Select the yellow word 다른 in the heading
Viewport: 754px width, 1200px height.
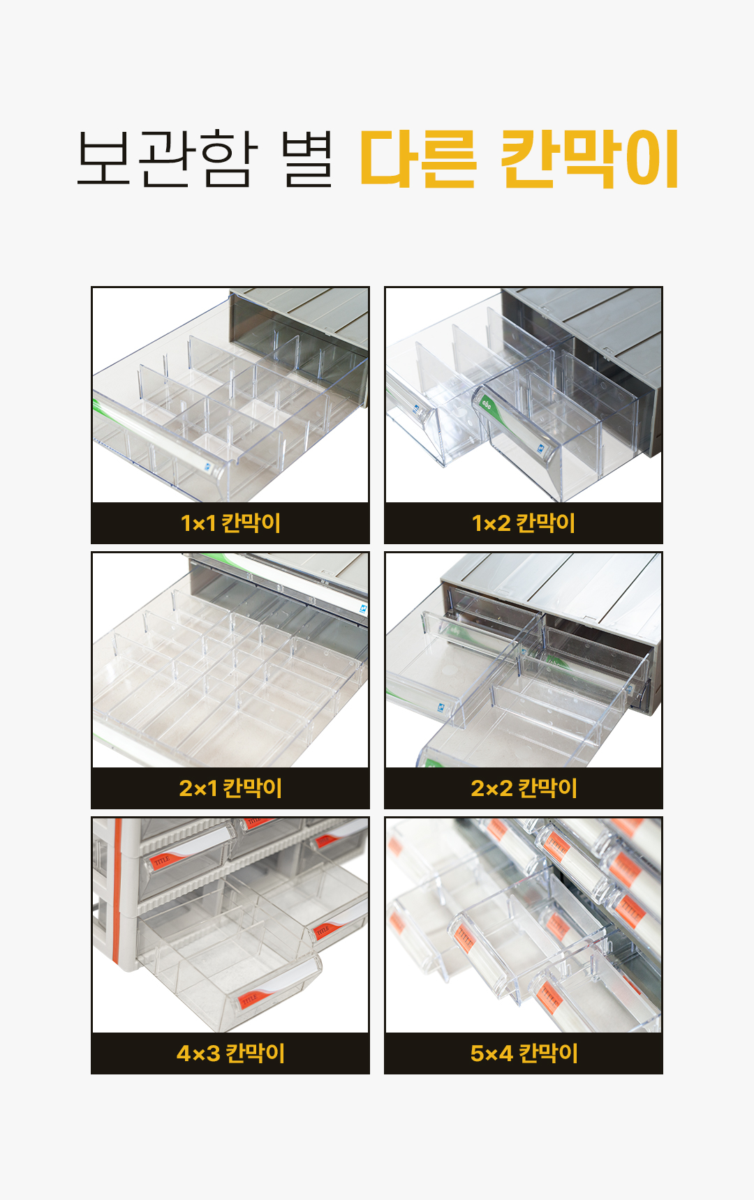coord(417,159)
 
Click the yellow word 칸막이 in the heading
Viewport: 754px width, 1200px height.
coord(590,159)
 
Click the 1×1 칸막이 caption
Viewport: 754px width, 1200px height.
coord(230,523)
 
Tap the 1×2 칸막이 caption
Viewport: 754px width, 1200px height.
coord(524,523)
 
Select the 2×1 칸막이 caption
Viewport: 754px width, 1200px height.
coord(230,788)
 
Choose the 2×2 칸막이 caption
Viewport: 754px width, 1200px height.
coord(524,788)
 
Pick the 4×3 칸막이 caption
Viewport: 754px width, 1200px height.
coord(230,1053)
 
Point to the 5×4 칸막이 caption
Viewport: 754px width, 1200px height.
coord(524,1053)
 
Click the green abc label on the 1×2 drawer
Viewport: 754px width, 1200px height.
coord(486,403)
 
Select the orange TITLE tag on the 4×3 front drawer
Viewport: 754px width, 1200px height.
coord(249,1000)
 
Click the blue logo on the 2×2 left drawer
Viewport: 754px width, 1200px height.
coord(441,707)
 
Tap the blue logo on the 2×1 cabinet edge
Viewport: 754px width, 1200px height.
coord(363,609)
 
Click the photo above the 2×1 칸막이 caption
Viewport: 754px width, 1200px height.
coord(230,660)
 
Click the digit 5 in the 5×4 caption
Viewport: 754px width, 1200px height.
coord(478,1053)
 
